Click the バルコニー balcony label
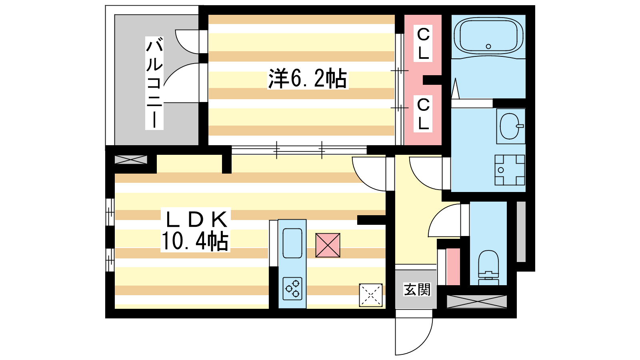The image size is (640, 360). point(154,83)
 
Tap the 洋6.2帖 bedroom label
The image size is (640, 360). point(307,78)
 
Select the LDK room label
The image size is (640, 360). point(196,219)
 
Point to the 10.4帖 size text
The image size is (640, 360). point(195,241)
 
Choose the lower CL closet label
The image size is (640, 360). point(423,114)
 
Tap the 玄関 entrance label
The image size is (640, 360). point(416,289)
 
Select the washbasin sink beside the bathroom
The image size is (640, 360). point(510,126)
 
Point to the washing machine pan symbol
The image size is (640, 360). point(510,170)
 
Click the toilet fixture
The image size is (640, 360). point(488,266)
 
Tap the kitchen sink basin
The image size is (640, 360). point(292,243)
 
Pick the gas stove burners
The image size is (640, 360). point(292,288)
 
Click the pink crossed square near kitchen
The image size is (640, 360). point(328,245)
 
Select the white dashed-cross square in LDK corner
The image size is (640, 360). point(370,295)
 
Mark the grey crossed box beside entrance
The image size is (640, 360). point(476,302)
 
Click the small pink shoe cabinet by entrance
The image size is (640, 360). point(453,267)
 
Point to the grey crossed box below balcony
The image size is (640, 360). point(131,160)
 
